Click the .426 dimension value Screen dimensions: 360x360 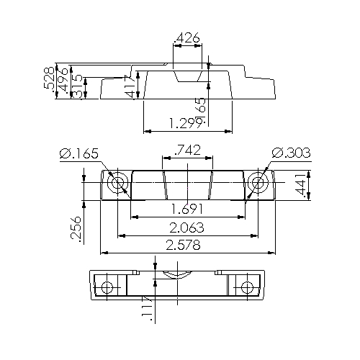point(187,38)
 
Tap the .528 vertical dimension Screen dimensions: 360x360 point(49,78)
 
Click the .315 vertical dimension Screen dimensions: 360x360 point(77,87)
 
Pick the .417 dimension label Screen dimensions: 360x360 point(130,86)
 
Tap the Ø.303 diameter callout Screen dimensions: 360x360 point(291,153)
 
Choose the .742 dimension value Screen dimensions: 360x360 point(187,150)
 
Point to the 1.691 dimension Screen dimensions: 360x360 point(187,210)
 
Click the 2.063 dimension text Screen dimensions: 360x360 point(187,228)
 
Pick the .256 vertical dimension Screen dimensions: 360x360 point(77,230)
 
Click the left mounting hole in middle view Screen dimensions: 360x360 point(117,184)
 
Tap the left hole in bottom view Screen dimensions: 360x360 point(108,288)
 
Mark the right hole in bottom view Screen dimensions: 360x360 point(248,288)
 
